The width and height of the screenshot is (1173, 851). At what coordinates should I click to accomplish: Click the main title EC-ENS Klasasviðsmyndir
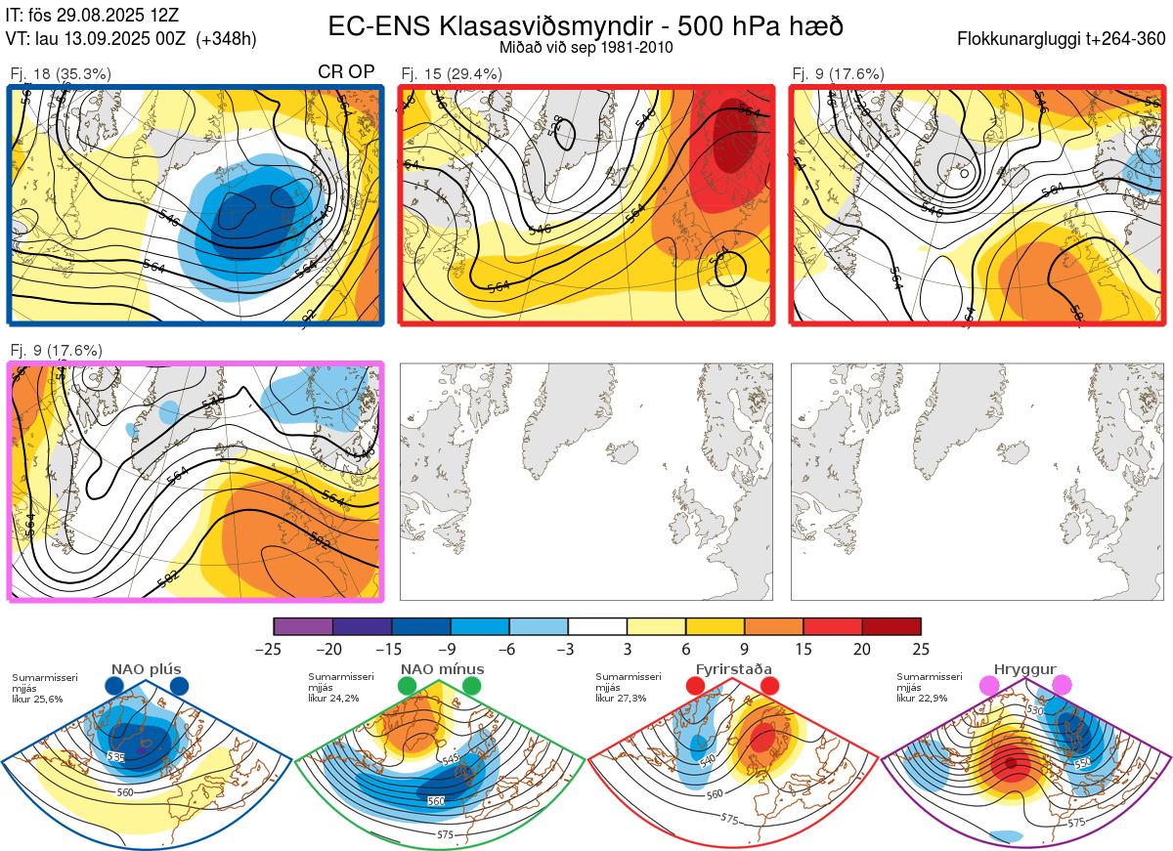[x=585, y=25]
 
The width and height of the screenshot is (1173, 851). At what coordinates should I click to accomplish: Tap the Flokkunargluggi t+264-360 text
[x=1062, y=39]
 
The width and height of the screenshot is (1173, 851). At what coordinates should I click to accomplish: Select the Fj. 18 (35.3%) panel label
[x=61, y=73]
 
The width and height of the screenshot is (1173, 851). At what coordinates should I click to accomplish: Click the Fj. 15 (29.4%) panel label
[x=452, y=73]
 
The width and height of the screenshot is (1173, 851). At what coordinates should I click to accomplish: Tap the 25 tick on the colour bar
[x=921, y=649]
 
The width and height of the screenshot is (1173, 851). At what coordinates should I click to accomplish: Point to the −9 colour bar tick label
[x=451, y=649]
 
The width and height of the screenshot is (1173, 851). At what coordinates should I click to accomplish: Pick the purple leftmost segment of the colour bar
[x=303, y=626]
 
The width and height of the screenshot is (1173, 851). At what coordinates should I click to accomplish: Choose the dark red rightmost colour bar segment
[x=891, y=626]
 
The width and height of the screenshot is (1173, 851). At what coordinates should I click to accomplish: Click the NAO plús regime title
[x=147, y=669]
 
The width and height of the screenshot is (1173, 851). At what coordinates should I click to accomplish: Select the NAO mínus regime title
[x=442, y=669]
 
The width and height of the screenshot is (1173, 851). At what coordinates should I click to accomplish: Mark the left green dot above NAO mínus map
[x=408, y=687]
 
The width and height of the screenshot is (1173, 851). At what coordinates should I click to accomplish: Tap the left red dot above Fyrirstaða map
[x=696, y=687]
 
